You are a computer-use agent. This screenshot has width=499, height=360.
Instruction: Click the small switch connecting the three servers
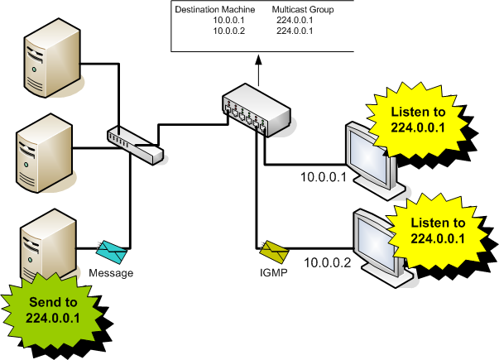pos(136,145)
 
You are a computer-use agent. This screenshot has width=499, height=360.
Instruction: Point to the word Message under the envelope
pos(110,271)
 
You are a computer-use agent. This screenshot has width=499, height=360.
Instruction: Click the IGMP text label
pos(271,271)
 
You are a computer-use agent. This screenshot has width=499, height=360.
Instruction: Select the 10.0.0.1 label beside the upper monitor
pos(322,176)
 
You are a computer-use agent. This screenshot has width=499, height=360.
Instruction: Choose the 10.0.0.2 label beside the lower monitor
pos(327,263)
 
